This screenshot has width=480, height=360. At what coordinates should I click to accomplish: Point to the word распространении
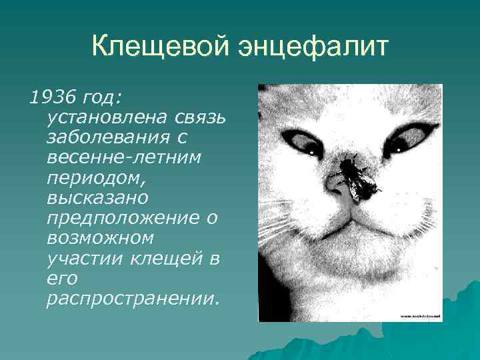pos(131,298)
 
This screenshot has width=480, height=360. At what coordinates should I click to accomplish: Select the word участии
pos(83,258)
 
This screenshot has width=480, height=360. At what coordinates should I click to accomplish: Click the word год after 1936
pos(99,99)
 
